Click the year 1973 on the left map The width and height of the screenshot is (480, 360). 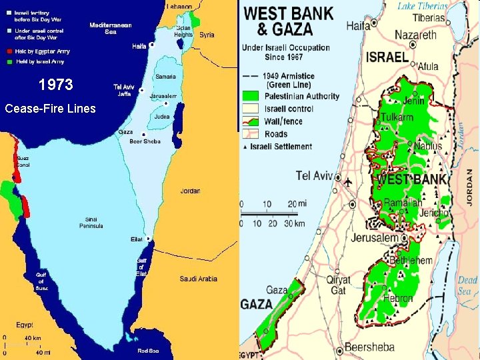(55, 86)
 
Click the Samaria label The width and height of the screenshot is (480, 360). (165, 77)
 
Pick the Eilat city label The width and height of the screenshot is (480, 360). (136, 239)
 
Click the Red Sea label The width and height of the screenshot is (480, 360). (147, 350)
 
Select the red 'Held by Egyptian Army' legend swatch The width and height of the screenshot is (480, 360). (9, 51)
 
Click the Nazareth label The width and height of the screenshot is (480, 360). (415, 35)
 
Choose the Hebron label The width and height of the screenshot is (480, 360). (398, 299)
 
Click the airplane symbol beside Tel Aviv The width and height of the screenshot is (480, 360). (349, 181)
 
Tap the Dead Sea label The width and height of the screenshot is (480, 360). (467, 285)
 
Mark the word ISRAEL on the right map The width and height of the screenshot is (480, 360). (387, 57)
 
